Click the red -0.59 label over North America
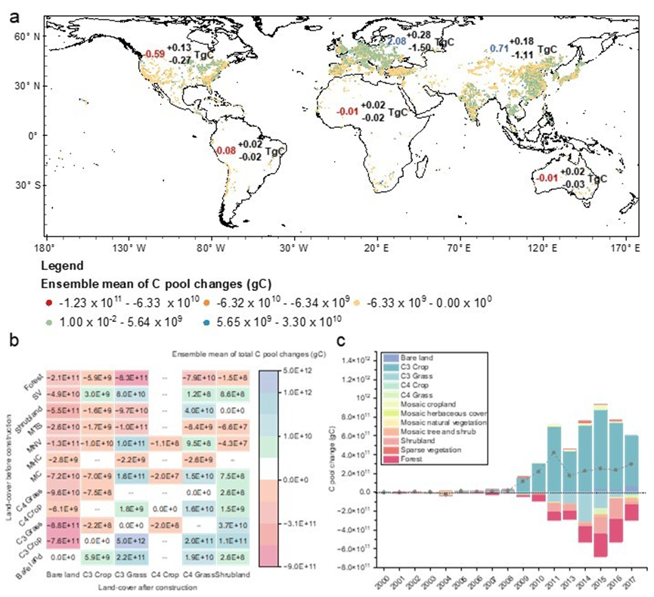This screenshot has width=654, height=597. (155, 54)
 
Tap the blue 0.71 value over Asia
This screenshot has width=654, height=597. (497, 48)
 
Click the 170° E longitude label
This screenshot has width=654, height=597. (623, 247)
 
